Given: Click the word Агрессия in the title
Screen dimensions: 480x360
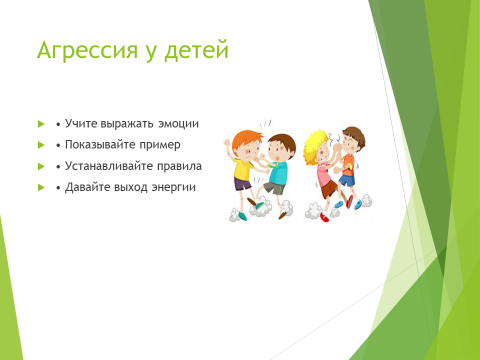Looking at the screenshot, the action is tap(87, 51).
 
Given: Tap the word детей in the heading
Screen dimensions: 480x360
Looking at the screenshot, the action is tap(197, 51).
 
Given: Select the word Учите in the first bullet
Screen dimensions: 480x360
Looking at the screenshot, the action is tap(81, 123).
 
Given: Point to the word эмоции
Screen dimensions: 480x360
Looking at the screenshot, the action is tap(178, 124).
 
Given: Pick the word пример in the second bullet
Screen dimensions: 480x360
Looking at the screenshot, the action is tap(160, 146).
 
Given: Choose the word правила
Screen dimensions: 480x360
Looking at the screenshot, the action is tap(179, 166).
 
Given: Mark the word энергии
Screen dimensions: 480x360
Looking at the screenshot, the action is tap(174, 188).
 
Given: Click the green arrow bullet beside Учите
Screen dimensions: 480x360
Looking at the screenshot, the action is tap(41, 124).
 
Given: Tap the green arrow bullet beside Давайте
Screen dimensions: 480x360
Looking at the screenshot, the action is tap(41, 188).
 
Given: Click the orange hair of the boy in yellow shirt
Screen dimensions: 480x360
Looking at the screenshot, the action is tap(246, 140).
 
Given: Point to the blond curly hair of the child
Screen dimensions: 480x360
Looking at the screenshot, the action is tap(314, 145).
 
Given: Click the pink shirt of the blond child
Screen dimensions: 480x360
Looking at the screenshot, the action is tap(323, 174).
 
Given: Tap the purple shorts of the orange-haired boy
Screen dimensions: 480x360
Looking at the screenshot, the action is tap(242, 184).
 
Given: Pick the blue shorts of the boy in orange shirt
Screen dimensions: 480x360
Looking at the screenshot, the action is tap(347, 180).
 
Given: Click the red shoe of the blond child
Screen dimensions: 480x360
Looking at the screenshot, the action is tap(324, 217).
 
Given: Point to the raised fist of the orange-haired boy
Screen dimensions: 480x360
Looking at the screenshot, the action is tap(227, 143).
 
